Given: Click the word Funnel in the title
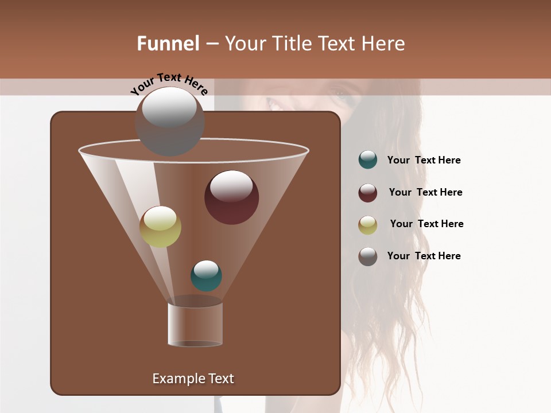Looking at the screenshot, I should tap(168, 44).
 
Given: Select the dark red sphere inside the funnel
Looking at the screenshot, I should tap(231, 197).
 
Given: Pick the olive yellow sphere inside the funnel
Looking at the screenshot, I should tap(160, 227).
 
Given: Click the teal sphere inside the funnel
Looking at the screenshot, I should tap(206, 276).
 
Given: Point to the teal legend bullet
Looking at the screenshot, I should tap(368, 160).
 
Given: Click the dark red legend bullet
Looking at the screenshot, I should tap(368, 193).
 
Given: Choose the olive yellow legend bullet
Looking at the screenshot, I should tap(368, 225).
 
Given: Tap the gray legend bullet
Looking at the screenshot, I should tap(368, 256).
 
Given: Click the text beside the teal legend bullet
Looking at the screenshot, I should tap(424, 161).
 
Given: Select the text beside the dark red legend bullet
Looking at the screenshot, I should tap(425, 193).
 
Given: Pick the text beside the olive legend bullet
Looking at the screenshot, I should tap(426, 224).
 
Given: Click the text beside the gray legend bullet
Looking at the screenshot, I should tap(424, 256).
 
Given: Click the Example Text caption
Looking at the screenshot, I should tap(193, 379).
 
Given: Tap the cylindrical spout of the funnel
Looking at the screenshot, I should tap(195, 324).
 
